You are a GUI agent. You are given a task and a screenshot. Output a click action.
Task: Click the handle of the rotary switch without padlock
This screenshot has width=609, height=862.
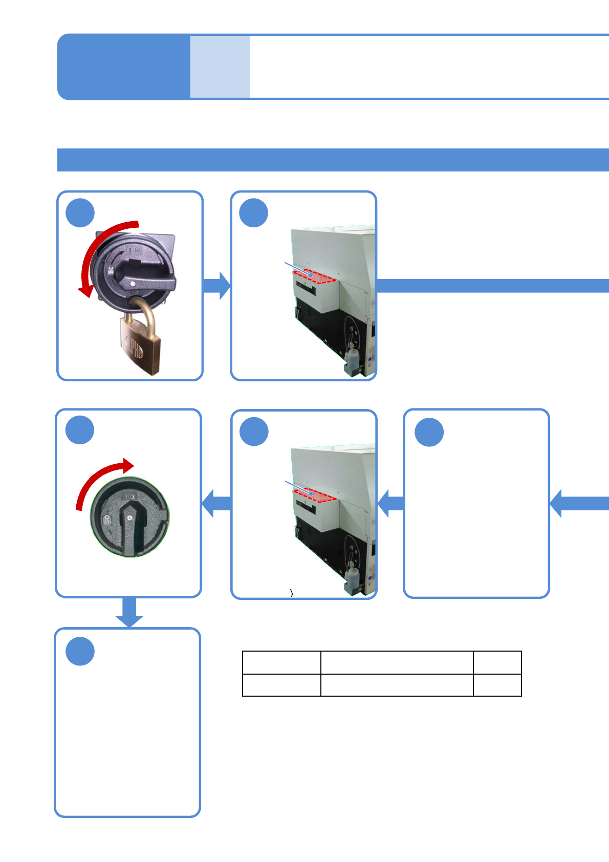[129, 527]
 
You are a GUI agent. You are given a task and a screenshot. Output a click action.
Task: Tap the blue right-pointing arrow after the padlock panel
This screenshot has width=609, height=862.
[217, 286]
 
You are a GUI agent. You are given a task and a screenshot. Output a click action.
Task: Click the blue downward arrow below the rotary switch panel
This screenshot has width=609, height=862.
[129, 612]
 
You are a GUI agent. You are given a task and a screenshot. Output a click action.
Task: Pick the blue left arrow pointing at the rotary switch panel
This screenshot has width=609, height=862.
[216, 503]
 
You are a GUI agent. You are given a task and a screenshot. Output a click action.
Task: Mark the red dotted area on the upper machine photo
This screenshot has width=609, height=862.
[314, 277]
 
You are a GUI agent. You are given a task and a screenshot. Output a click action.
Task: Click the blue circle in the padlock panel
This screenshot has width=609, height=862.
[80, 213]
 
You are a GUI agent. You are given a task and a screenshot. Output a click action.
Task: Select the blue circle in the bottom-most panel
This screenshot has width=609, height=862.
[80, 651]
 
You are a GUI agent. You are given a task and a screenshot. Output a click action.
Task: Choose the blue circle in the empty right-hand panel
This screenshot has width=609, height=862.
[429, 432]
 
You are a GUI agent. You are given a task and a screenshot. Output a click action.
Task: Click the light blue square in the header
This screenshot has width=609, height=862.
[220, 67]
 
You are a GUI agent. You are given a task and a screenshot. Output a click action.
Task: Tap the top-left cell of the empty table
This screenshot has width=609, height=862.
[281, 662]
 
